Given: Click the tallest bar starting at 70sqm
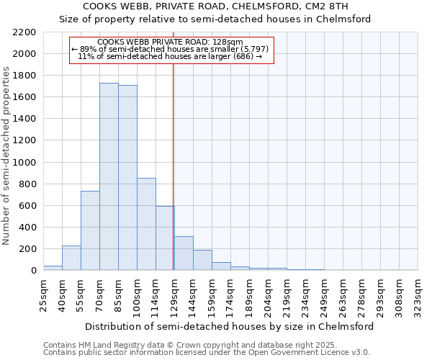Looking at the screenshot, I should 109,176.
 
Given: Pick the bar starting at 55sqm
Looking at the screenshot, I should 90,230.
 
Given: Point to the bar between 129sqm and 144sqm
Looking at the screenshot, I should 184,253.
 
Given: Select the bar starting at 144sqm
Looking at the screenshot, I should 202,260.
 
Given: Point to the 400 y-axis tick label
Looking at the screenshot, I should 27,228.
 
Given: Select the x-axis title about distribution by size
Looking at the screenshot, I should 229,326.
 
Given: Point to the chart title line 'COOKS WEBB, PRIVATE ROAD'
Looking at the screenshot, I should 215,6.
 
